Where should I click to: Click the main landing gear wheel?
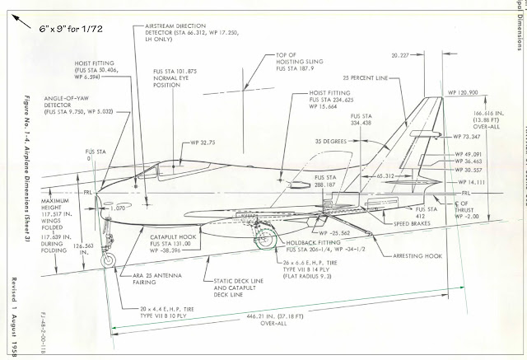tap(266, 241)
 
